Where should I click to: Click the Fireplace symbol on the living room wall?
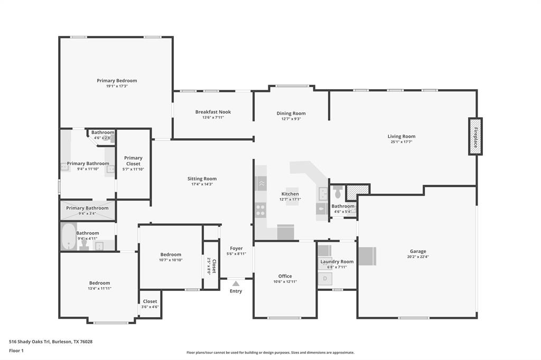coord(475,136)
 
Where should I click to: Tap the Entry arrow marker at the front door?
coord(236,283)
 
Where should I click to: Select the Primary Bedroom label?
coord(117,81)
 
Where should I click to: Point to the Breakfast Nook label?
coord(213,112)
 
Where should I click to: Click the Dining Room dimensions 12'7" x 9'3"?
coord(291,119)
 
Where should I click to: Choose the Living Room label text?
coord(402,136)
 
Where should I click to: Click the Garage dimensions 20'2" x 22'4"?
coord(417,257)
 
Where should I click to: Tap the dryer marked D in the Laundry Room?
coord(325,278)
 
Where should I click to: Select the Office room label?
coord(285,276)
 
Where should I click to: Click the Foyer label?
coord(236,248)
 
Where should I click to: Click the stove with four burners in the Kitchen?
coord(260,211)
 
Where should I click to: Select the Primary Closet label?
coord(133,160)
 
